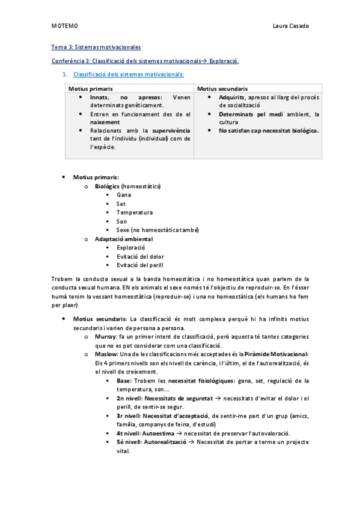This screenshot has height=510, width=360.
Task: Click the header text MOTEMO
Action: tap(64, 27)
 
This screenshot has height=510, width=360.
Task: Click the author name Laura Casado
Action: tap(290, 27)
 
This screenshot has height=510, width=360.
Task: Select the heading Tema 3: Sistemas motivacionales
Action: tap(96, 47)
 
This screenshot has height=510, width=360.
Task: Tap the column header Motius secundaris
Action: tap(222, 88)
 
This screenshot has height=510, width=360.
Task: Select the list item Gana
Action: tap(124, 195)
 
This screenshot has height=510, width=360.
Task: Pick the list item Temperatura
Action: tap(135, 212)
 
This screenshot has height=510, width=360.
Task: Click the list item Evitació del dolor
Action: tap(140, 256)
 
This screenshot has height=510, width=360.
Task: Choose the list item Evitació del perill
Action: tap(140, 265)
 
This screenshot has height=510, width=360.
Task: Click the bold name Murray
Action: tap(106, 337)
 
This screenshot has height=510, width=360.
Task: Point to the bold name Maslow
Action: tap(106, 354)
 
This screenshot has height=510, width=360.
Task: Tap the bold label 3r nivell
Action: tap(129, 416)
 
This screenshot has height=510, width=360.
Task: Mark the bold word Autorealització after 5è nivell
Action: tap(165, 442)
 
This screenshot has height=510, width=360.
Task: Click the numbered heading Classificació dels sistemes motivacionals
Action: tap(128, 75)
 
